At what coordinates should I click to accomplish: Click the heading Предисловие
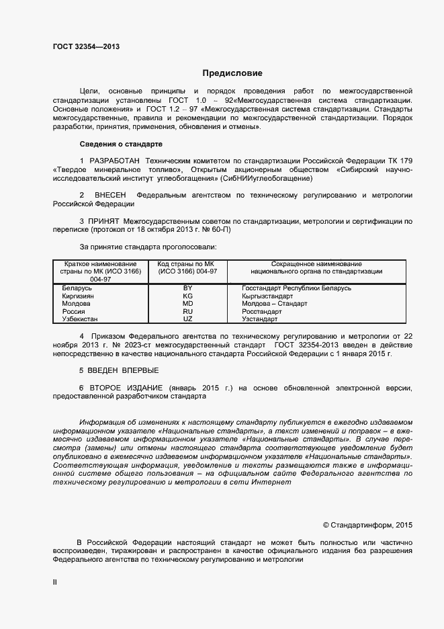pos(232,73)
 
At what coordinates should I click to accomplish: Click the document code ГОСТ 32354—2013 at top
pos(87,46)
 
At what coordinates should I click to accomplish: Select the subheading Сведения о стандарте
pos(120,144)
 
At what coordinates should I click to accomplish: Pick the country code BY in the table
pos(187,288)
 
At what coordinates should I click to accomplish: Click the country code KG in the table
pos(187,296)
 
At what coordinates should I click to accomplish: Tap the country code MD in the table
pos(187,304)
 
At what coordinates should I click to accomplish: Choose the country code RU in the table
pos(187,311)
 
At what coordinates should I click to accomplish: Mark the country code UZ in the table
pos(187,319)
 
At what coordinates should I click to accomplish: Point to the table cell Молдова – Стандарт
pos(274,304)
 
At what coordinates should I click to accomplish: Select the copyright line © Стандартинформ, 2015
pos(368,524)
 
